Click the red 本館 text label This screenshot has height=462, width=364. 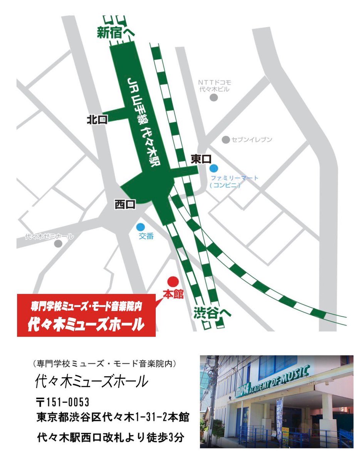173,295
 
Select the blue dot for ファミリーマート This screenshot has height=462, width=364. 214,168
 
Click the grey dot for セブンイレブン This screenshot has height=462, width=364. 226,140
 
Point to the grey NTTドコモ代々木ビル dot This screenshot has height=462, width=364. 214,97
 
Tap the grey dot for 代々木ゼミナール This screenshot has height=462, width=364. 58,243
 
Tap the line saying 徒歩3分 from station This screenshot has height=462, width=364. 110,437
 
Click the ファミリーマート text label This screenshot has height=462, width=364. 235,178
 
